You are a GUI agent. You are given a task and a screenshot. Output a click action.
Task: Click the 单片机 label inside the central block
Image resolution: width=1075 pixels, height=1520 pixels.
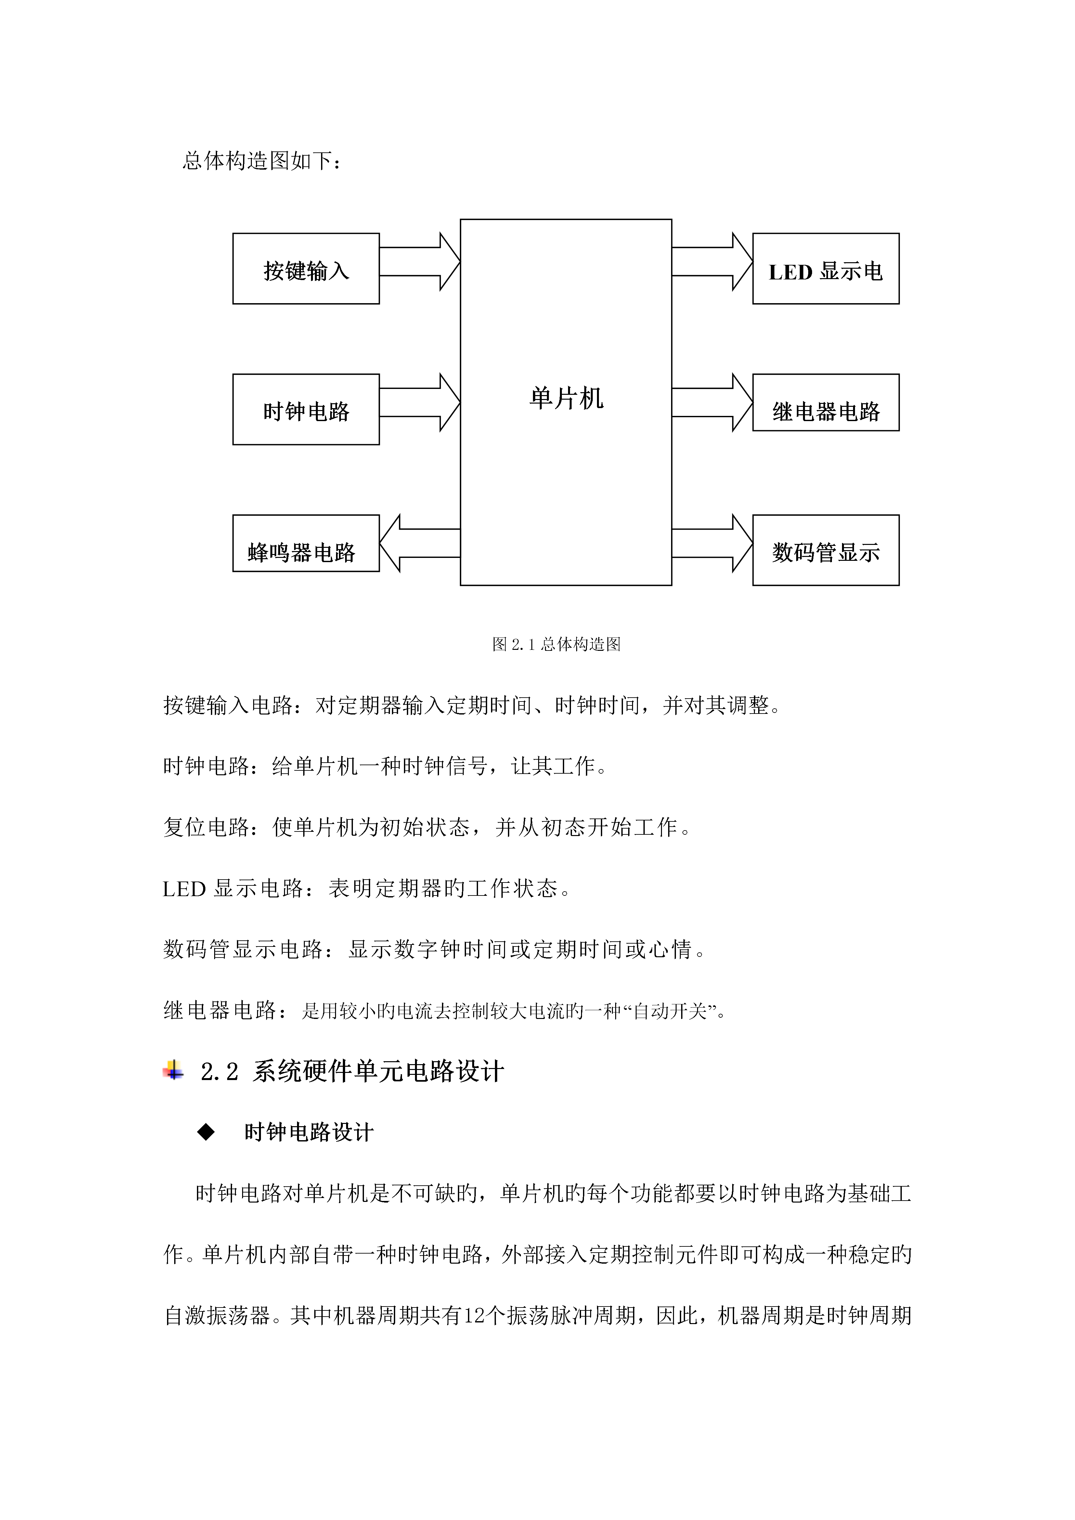tap(567, 398)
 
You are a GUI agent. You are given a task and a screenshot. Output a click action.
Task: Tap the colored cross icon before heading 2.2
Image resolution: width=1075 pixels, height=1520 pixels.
tap(174, 1071)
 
